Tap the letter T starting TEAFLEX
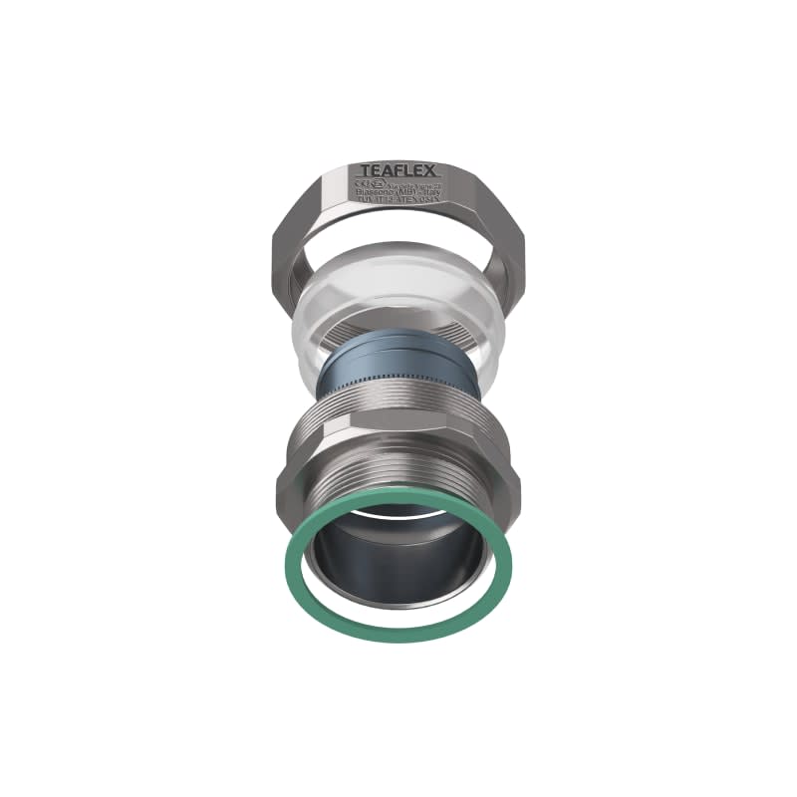pyautogui.click(x=365, y=170)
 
